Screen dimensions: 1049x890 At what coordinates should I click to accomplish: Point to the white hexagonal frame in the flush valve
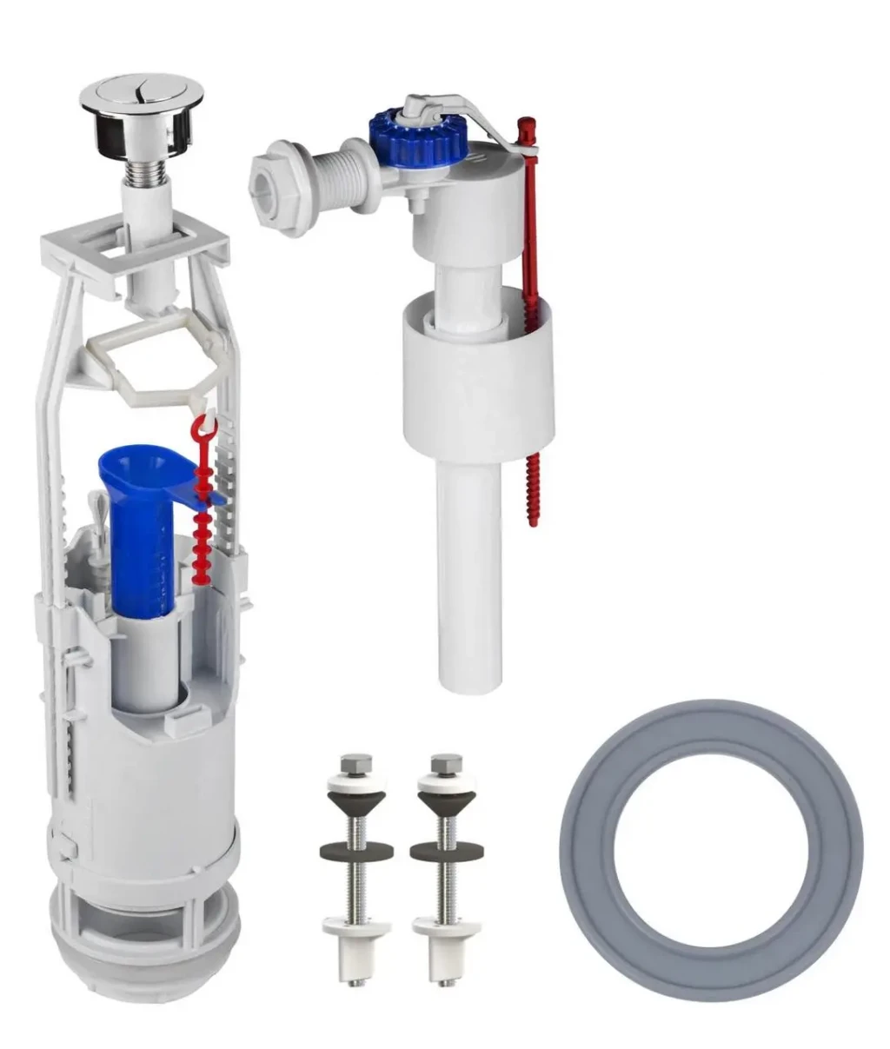[148, 356]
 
